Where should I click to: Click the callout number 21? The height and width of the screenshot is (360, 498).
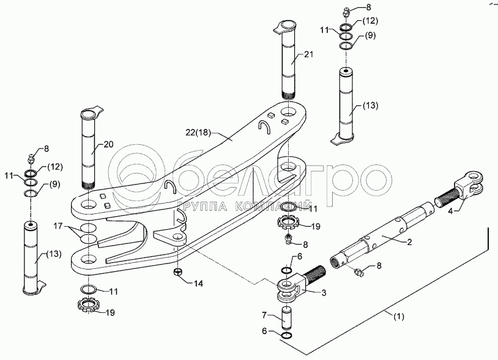tap(308, 54)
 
